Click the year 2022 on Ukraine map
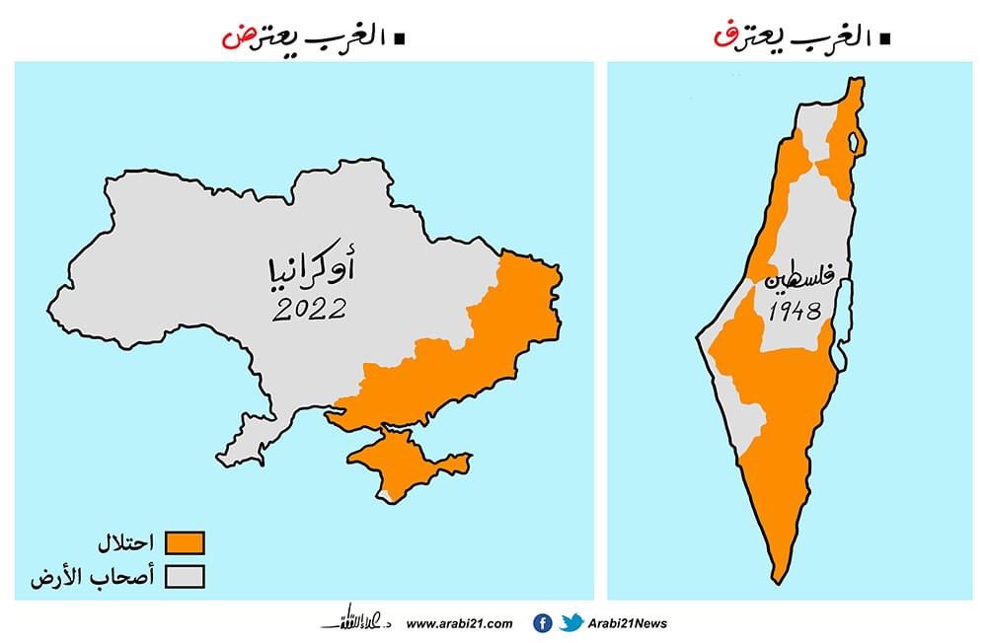[x=310, y=309]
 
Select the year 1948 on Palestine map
[x=796, y=313]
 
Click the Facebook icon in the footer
[x=542, y=622]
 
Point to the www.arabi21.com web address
[x=460, y=623]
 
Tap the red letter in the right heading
[x=721, y=38]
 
